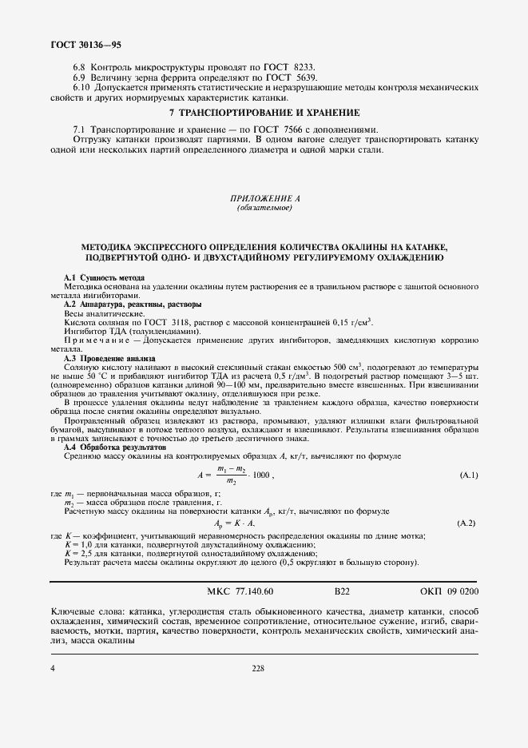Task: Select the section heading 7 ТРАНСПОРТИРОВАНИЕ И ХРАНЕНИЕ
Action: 264,113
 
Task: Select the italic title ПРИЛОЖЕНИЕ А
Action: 264,198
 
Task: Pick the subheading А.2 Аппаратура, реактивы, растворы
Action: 133,304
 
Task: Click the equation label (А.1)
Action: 469,475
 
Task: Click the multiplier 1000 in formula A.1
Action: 260,475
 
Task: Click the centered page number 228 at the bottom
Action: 257,668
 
